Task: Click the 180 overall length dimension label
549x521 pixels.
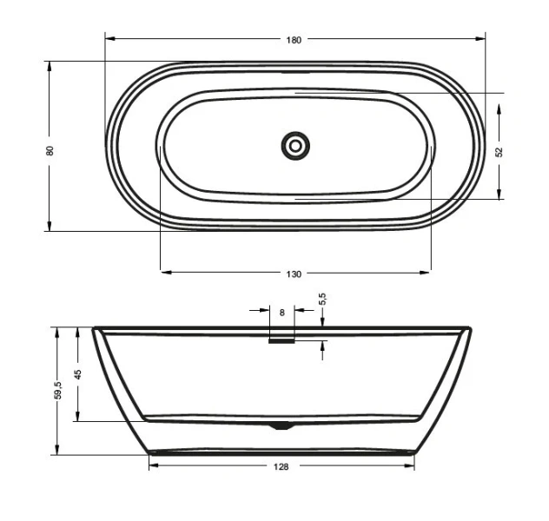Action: click(294, 39)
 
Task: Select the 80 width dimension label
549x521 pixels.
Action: click(50, 149)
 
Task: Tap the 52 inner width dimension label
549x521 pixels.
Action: click(499, 151)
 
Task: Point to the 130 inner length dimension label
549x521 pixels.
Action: click(294, 274)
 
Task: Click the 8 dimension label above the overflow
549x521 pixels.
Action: click(281, 311)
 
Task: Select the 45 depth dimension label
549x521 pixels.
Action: click(77, 374)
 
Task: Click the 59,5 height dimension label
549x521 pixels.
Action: click(57, 391)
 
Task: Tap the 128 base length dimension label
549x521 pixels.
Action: click(281, 466)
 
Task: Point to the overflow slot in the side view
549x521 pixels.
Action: click(281, 340)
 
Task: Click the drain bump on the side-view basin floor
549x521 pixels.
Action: click(281, 425)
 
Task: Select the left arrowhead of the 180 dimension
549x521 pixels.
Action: click(109, 39)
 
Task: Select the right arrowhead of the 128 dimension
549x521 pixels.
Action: click(410, 466)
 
